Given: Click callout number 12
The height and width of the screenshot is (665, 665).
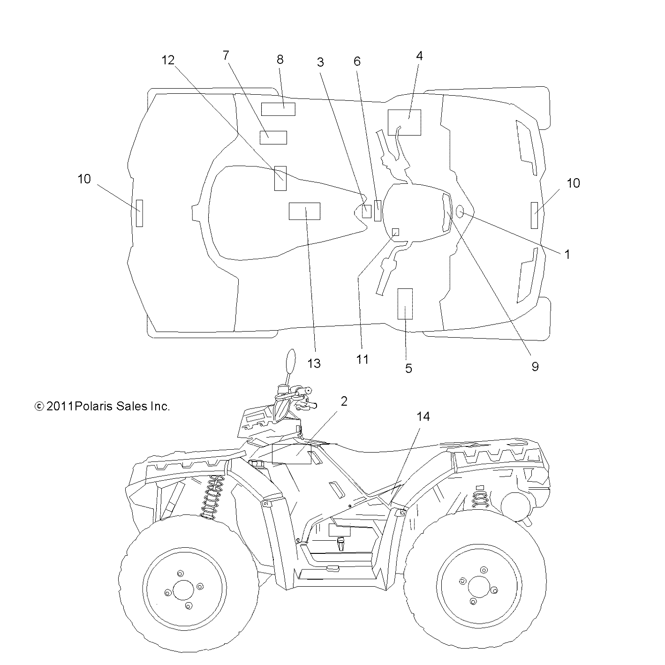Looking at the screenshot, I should pos(168,60).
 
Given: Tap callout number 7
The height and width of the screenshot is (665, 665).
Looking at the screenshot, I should pos(226,56).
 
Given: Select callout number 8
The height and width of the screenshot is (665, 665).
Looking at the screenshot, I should pos(280,60).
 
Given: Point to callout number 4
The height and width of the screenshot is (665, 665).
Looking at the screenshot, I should pos(419,56).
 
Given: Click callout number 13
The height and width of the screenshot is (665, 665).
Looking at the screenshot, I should pos(314,363).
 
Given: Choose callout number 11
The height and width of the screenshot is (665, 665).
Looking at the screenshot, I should pos(363,359).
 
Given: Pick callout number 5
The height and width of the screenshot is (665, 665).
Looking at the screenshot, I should pos(408,369).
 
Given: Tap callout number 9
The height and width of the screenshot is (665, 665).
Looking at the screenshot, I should pos(535,366).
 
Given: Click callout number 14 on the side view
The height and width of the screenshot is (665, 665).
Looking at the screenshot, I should pos(423,416).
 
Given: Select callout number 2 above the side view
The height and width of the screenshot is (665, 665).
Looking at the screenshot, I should pos(344,401).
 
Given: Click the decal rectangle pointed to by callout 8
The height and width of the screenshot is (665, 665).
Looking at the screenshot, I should pos(278,109).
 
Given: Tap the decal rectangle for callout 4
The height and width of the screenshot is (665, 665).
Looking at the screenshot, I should pos(404,122).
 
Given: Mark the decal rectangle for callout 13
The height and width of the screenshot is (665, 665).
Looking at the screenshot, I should pos(304,211).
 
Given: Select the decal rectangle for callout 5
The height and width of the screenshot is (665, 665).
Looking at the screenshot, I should pos(405,303).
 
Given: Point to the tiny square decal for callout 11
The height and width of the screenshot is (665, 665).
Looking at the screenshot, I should pos(395,232).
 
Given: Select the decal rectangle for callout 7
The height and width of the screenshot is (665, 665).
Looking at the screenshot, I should pos(273,137).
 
